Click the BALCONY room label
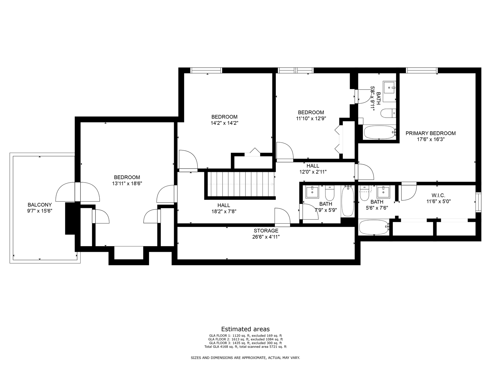click(x=40, y=205)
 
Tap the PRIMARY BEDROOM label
click(x=431, y=133)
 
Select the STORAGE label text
click(x=266, y=231)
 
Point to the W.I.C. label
click(x=438, y=195)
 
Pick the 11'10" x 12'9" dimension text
click(x=311, y=118)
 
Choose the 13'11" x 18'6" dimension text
click(x=127, y=183)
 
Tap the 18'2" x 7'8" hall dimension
click(x=224, y=211)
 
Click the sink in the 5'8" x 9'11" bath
click(x=390, y=87)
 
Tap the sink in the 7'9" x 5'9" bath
click(x=312, y=192)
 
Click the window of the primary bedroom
click(x=422, y=70)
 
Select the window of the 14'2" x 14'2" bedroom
click(x=206, y=70)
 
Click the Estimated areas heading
click(x=245, y=329)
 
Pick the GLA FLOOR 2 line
click(x=245, y=339)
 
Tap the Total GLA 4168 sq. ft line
click(x=245, y=347)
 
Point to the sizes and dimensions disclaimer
click(x=245, y=358)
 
